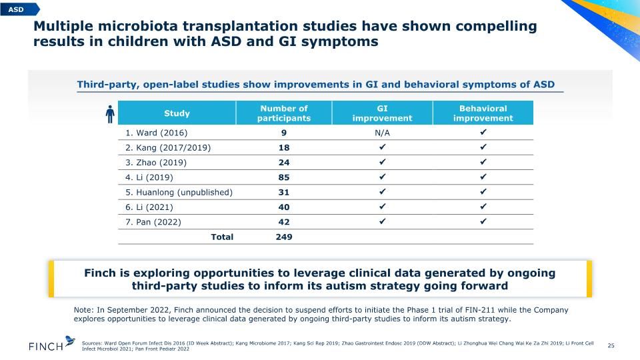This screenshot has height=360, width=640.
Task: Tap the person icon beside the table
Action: click(110, 114)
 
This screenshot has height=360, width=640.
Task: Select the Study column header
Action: click(177, 113)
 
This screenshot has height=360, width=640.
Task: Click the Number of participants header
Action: click(284, 113)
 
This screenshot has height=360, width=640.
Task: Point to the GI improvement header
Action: click(382, 113)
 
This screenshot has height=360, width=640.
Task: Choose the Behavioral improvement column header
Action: click(483, 113)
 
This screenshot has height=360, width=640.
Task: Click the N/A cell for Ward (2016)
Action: click(382, 133)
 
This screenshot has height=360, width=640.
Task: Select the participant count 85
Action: click(284, 177)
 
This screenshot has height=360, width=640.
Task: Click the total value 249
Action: click(284, 237)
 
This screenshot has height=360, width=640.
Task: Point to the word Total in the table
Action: click(222, 237)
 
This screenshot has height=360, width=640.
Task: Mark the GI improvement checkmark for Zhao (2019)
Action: click(382, 161)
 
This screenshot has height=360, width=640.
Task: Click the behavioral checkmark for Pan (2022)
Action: click(483, 221)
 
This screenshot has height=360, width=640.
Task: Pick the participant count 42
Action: click(284, 222)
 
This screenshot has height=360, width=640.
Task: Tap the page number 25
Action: click(611, 345)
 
